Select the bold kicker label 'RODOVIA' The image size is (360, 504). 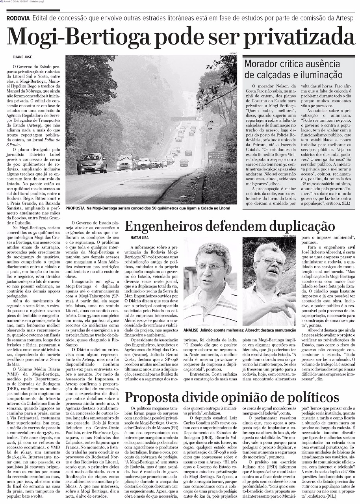pos(18,18)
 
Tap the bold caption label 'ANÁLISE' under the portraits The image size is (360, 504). pos(191,330)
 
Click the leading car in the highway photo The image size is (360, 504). pos(92,163)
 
